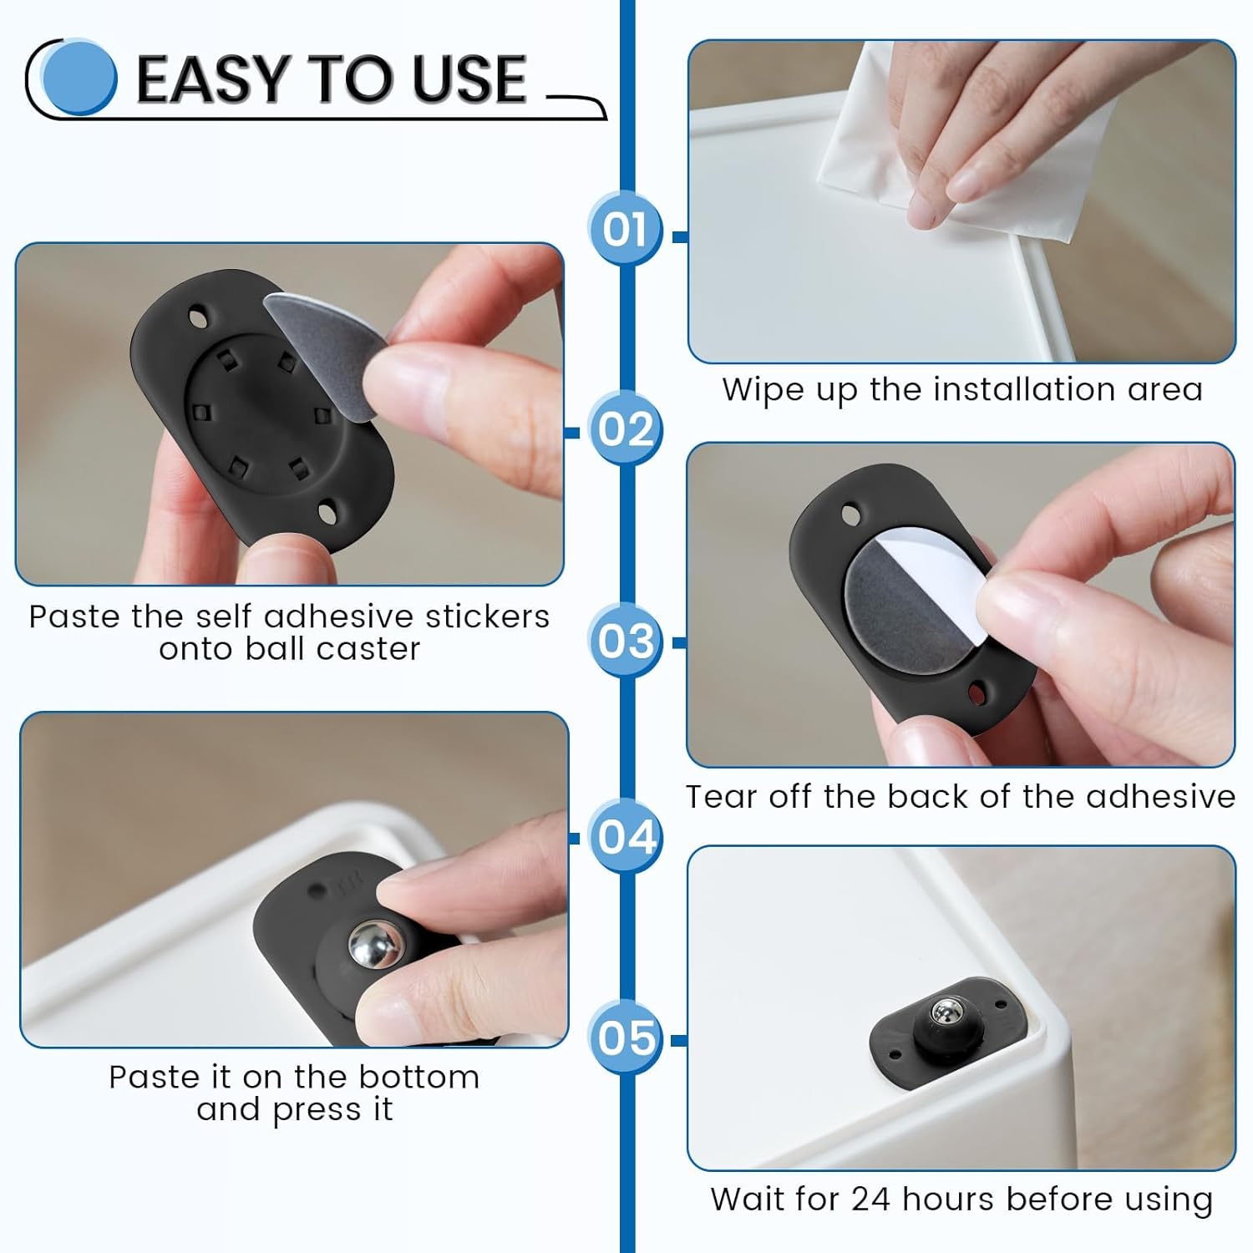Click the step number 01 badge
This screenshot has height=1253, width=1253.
[x=625, y=229]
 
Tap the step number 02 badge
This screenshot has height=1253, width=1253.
[x=625, y=429]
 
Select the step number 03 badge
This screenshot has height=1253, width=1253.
[x=625, y=642]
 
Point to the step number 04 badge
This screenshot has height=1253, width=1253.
[x=625, y=836]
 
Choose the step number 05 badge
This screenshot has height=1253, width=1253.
[x=625, y=1037]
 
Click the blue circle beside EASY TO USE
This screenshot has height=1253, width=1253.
[x=79, y=77]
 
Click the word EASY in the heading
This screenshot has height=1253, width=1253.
[x=214, y=80]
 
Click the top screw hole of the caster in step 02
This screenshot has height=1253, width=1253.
[x=199, y=318]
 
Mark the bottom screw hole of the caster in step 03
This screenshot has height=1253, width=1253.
[x=976, y=692]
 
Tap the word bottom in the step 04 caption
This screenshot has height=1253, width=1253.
[x=419, y=1078]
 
